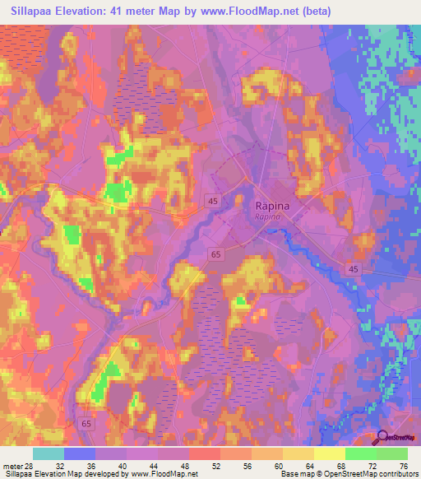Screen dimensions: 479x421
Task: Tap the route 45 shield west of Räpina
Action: (213, 201)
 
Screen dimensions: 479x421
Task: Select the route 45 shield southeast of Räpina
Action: (354, 269)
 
